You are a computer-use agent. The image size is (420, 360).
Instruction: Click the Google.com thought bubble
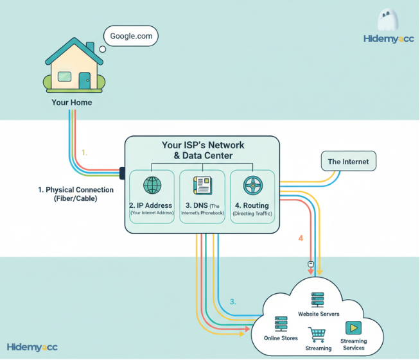coord(131,37)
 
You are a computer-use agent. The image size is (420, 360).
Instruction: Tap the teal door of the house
coord(85,80)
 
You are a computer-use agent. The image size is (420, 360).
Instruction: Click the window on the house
coord(64,77)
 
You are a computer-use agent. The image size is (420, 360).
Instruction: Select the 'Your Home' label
coord(72,103)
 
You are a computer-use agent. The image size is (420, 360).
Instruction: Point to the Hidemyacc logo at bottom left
coord(32,347)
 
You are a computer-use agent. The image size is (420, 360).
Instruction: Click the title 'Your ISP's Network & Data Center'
coord(202,150)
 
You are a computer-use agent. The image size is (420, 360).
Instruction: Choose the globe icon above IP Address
coord(152,185)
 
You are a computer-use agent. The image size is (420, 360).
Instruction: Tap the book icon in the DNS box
coord(202,185)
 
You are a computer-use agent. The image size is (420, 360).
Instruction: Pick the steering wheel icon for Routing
coord(252,185)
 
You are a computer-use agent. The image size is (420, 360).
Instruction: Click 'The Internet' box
coord(348,162)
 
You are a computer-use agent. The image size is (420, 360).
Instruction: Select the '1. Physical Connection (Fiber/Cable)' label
coord(75,194)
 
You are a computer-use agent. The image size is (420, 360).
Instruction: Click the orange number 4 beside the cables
coord(301,239)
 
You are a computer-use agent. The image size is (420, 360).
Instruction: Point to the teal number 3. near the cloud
coord(233,301)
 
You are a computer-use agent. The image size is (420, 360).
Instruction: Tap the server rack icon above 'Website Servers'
coord(317,300)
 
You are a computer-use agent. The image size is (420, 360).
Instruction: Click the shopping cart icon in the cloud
coord(317,335)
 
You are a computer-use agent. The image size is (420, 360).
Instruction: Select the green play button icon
coord(353,328)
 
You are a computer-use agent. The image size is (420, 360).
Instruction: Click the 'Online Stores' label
coord(281,338)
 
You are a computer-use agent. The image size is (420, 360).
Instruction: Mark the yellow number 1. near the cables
coord(84,153)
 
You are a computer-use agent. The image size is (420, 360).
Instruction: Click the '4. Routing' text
coord(252,205)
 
